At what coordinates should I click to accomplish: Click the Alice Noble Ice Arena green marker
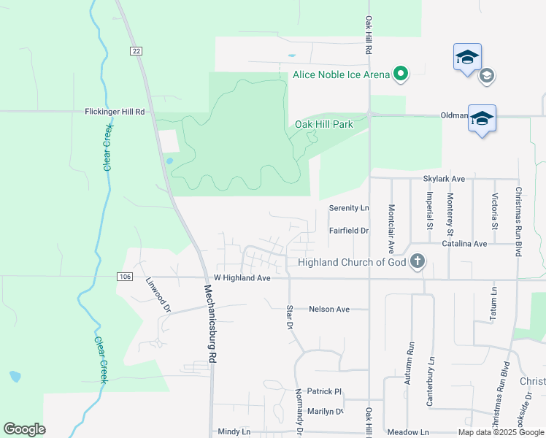(400, 74)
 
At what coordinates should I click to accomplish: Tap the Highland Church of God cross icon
(417, 261)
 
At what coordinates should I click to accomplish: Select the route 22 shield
(136, 50)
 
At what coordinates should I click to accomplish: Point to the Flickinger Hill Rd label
(115, 112)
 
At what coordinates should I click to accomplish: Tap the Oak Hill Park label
(323, 124)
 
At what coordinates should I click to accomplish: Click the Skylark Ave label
(444, 179)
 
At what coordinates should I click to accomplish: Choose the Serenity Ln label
(349, 208)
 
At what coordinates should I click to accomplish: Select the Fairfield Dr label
(349, 231)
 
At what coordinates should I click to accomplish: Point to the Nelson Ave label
(328, 309)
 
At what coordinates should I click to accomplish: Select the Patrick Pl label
(324, 391)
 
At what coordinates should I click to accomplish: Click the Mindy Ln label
(234, 431)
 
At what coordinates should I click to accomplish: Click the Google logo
(25, 429)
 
